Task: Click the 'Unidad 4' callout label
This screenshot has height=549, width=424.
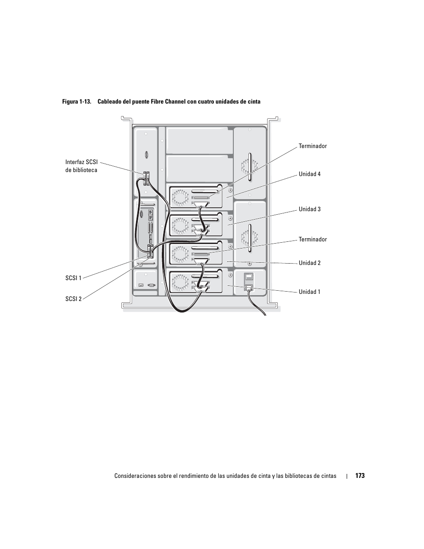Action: coord(309,174)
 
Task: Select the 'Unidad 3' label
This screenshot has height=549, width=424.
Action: coord(309,209)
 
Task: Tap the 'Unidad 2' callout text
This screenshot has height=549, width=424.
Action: coord(309,263)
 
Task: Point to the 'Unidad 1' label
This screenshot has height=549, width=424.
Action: coord(309,292)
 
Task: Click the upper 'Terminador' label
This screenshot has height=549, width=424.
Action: coord(312,146)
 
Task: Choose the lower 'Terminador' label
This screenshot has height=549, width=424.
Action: coord(312,239)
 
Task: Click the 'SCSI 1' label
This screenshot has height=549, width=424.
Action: coord(73,278)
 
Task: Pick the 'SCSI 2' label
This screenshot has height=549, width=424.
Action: coord(73,299)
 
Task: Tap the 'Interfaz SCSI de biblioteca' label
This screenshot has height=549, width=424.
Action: coord(81,166)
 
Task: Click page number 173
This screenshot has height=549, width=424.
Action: coord(360,476)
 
